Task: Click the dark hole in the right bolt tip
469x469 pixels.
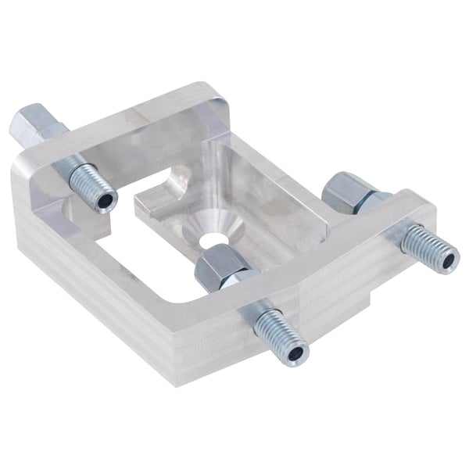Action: [447, 260]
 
